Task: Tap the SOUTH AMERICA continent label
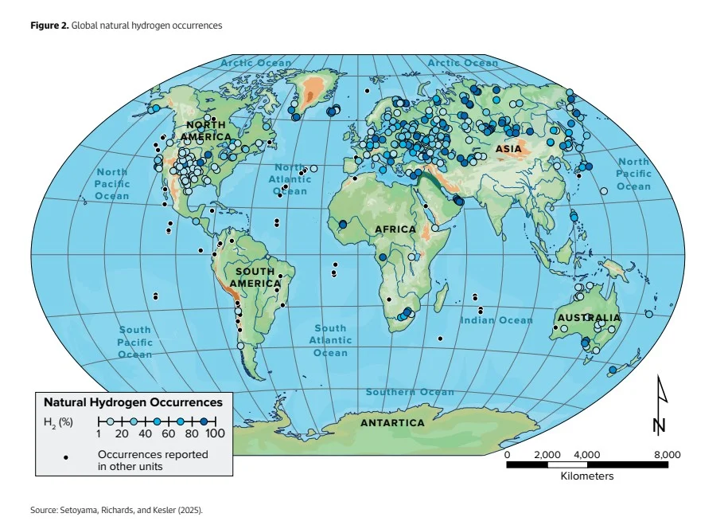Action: click(255, 277)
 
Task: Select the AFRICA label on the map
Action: click(395, 229)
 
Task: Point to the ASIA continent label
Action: click(508, 149)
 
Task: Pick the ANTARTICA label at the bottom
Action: click(392, 422)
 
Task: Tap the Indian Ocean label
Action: click(496, 320)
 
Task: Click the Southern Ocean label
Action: click(410, 392)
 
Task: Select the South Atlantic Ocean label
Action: click(330, 340)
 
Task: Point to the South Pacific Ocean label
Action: click(134, 342)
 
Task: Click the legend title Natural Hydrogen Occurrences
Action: click(133, 403)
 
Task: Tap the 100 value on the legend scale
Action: click(215, 433)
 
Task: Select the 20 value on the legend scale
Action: click(122, 433)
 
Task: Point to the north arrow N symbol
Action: click(660, 406)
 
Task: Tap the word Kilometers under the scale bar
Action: click(586, 476)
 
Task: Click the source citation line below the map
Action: click(117, 510)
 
